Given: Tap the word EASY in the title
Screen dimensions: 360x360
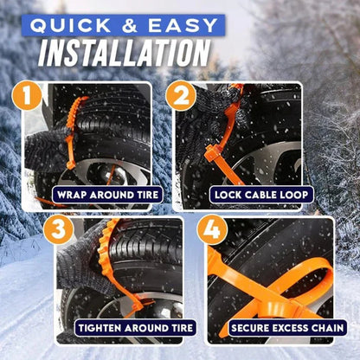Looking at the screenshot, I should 183,24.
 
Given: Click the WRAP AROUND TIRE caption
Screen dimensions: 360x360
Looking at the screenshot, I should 106,196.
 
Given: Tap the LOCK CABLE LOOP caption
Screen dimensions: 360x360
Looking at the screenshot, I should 261,196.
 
